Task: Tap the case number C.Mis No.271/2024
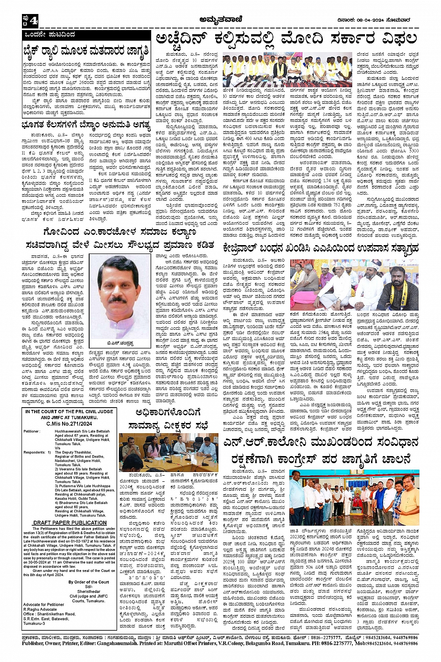(x=69, y=424)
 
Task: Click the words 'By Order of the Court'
(x=89, y=582)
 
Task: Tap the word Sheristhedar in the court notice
(x=89, y=592)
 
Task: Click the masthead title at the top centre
(x=220, y=20)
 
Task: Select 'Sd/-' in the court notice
(x=89, y=586)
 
